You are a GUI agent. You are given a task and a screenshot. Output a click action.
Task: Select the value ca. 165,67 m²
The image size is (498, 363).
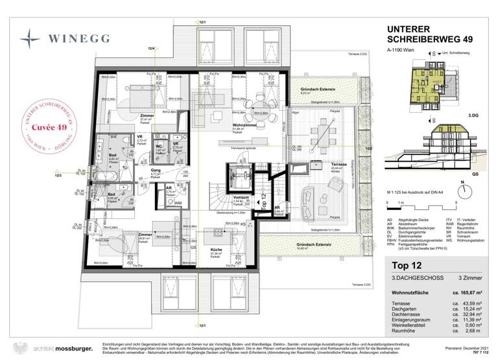tap(470, 294)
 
